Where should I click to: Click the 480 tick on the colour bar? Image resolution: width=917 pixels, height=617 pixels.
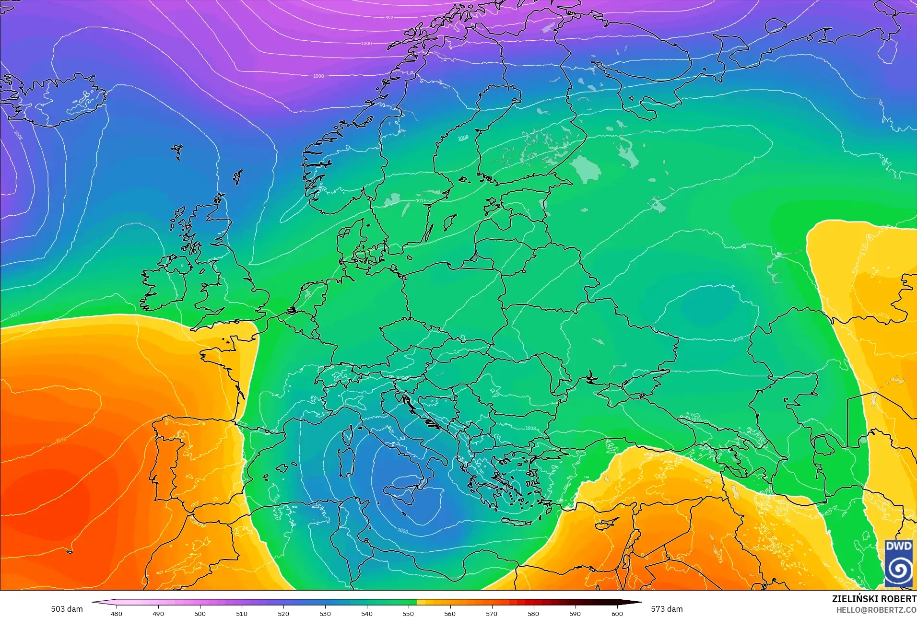[x=117, y=613]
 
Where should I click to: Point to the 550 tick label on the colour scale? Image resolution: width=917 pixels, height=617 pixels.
[x=408, y=613]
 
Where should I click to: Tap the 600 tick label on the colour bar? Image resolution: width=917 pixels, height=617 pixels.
[x=617, y=613]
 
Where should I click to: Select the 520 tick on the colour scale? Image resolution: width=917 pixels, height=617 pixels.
[x=283, y=613]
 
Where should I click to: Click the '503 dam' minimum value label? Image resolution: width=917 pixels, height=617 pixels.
[x=67, y=609]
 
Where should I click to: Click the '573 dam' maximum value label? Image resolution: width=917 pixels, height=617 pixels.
[x=667, y=609]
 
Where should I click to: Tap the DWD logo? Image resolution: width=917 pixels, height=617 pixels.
[x=898, y=563]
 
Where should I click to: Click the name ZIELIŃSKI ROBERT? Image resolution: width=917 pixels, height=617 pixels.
[x=874, y=599]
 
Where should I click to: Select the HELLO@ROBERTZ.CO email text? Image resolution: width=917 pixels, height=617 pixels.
[x=876, y=610]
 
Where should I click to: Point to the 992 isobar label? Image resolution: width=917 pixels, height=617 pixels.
[x=389, y=18]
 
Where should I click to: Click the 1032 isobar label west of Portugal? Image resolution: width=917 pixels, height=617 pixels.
[x=61, y=440]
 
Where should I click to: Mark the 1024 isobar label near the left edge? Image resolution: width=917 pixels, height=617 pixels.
[x=15, y=314]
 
